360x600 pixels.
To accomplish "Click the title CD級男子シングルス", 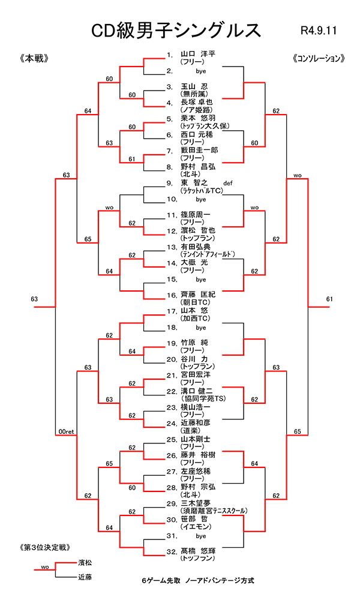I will coord(175,30).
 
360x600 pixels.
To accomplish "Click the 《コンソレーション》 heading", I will coord(318,59).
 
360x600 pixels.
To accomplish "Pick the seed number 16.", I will coord(170,295).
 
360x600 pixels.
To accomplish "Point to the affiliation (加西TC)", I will coord(197,319).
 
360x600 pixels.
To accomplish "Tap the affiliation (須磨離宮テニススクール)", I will coord(214,511).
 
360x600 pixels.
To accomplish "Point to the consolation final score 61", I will coord(329,299).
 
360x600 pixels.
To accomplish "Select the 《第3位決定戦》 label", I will coord(45,548).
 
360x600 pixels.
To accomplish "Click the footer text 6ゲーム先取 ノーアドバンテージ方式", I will coord(198,581).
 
